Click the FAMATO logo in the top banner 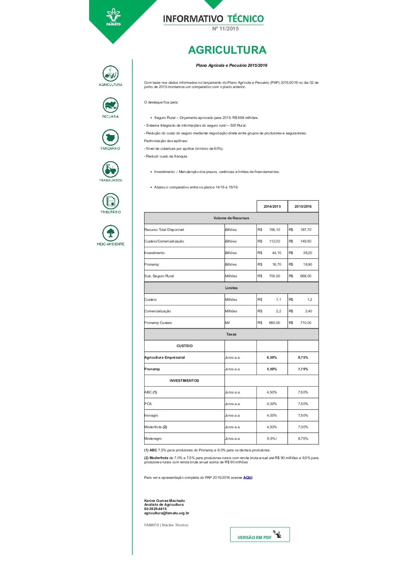[113, 17]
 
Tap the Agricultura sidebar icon [110, 74]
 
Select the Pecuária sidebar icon [110, 105]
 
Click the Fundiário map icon [110, 137]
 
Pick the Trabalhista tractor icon [110, 170]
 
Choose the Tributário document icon [111, 201]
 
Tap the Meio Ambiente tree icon [110, 233]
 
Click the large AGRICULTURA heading [227, 50]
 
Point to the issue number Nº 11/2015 [225, 29]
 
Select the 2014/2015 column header [272, 207]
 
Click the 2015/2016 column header [303, 207]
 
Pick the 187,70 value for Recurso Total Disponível [306, 230]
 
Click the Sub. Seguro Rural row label [159, 276]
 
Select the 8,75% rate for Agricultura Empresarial [303, 358]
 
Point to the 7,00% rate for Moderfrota [303, 427]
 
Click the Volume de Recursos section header [231, 218]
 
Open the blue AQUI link [248, 478]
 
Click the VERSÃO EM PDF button [260, 535]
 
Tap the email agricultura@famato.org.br [167, 513]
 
